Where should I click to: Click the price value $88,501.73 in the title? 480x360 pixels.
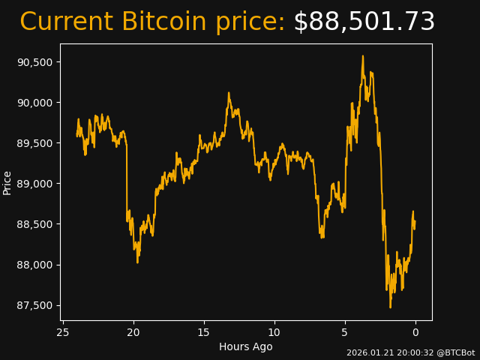(364, 22)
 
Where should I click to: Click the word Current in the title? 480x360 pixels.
(66, 22)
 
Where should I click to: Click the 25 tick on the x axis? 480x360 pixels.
(63, 332)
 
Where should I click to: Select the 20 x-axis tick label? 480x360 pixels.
(133, 332)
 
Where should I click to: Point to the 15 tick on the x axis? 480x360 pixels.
(204, 332)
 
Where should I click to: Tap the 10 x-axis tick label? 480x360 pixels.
(274, 332)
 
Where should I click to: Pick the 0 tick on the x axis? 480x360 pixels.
(415, 332)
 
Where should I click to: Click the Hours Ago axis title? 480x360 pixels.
(245, 346)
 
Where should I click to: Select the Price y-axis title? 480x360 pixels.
(7, 182)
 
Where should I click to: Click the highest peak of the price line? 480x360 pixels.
(363, 55)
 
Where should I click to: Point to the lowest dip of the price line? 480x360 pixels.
(390, 307)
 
